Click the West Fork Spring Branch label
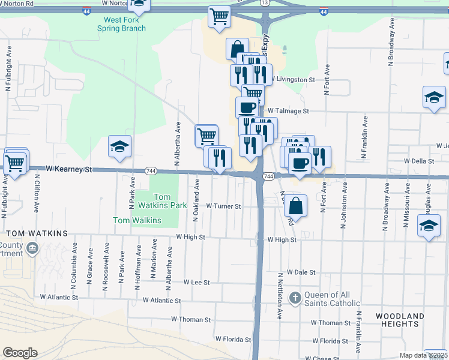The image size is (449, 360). (125, 24)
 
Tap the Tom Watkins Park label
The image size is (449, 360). (162, 201)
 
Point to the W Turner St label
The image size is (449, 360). (223, 206)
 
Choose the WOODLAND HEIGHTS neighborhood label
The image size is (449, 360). (400, 320)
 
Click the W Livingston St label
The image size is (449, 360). (294, 79)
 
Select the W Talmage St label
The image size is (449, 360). (288, 111)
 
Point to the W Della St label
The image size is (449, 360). (419, 161)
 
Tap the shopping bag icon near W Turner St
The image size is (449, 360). (296, 205)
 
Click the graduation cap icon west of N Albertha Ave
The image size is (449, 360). (119, 146)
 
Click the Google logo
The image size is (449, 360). (20, 352)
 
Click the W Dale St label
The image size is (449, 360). (301, 272)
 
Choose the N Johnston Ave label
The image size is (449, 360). (345, 210)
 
